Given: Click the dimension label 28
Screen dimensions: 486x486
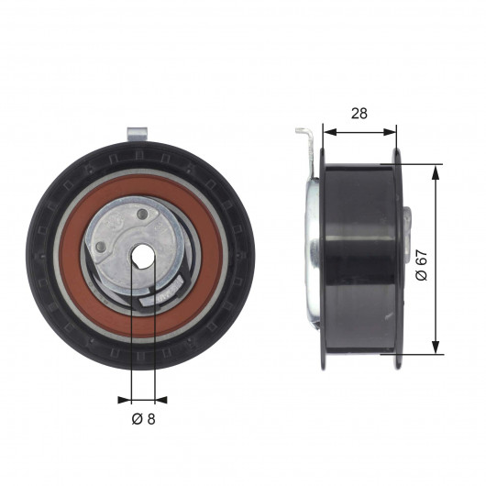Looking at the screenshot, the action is tap(359, 114).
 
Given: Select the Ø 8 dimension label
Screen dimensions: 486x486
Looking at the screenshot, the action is tap(143, 419).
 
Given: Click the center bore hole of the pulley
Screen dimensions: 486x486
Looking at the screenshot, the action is tap(142, 255).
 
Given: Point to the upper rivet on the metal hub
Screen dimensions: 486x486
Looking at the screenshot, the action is tap(142, 214).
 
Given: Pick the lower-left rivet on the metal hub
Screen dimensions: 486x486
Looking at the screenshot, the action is tap(100, 247).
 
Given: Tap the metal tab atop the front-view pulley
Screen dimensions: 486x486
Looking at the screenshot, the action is tap(137, 135).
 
